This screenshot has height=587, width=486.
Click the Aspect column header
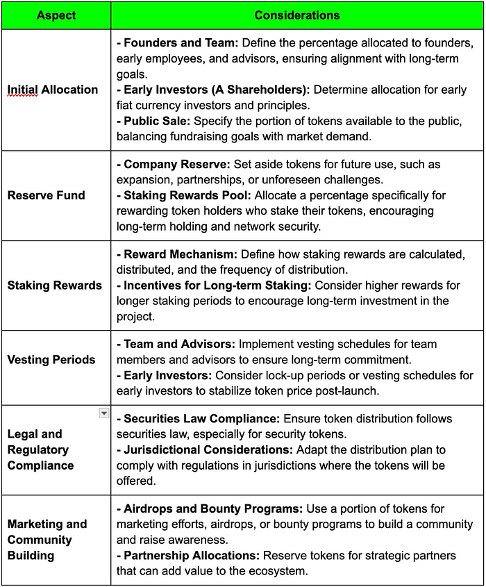click(56, 15)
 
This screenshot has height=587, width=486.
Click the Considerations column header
click(297, 15)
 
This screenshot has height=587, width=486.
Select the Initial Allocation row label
click(53, 90)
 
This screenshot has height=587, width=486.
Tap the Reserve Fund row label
click(46, 195)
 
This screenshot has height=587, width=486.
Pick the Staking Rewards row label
click(54, 286)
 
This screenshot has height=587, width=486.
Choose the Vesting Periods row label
click(51, 360)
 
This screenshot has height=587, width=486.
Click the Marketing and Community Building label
click(47, 540)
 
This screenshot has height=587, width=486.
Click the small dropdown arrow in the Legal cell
click(103, 413)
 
